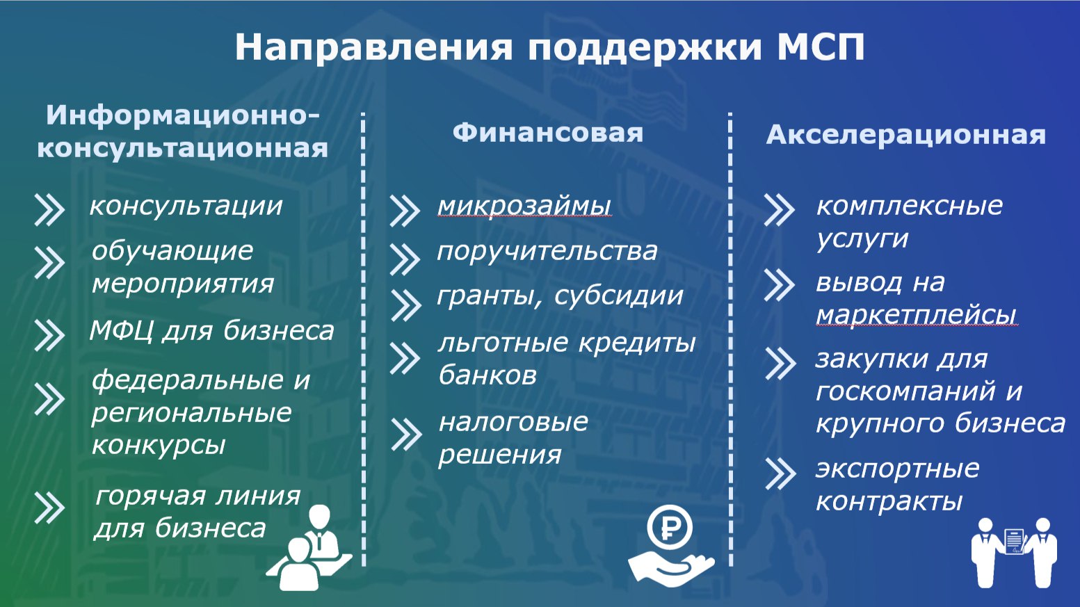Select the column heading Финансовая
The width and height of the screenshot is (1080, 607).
point(548,133)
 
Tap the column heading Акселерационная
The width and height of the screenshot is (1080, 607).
point(906,134)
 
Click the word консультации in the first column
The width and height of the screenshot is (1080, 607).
point(186,207)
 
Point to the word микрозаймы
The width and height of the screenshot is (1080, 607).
point(524,206)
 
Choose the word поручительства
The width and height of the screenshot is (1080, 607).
point(547,252)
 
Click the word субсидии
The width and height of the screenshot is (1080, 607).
point(619,296)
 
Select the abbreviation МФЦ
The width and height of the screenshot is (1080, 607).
point(122,331)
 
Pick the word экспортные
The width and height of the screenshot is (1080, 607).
point(897,469)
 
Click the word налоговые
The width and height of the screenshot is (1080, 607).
point(513,422)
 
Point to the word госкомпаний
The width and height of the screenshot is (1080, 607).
point(905,391)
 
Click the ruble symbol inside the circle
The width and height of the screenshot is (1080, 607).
point(670,528)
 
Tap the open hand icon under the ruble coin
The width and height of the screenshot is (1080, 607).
point(670,569)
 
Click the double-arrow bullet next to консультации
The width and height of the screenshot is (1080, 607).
point(49,210)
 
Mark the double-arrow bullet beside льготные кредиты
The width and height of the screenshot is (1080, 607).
point(405,358)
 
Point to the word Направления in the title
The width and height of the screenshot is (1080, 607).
point(373,48)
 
